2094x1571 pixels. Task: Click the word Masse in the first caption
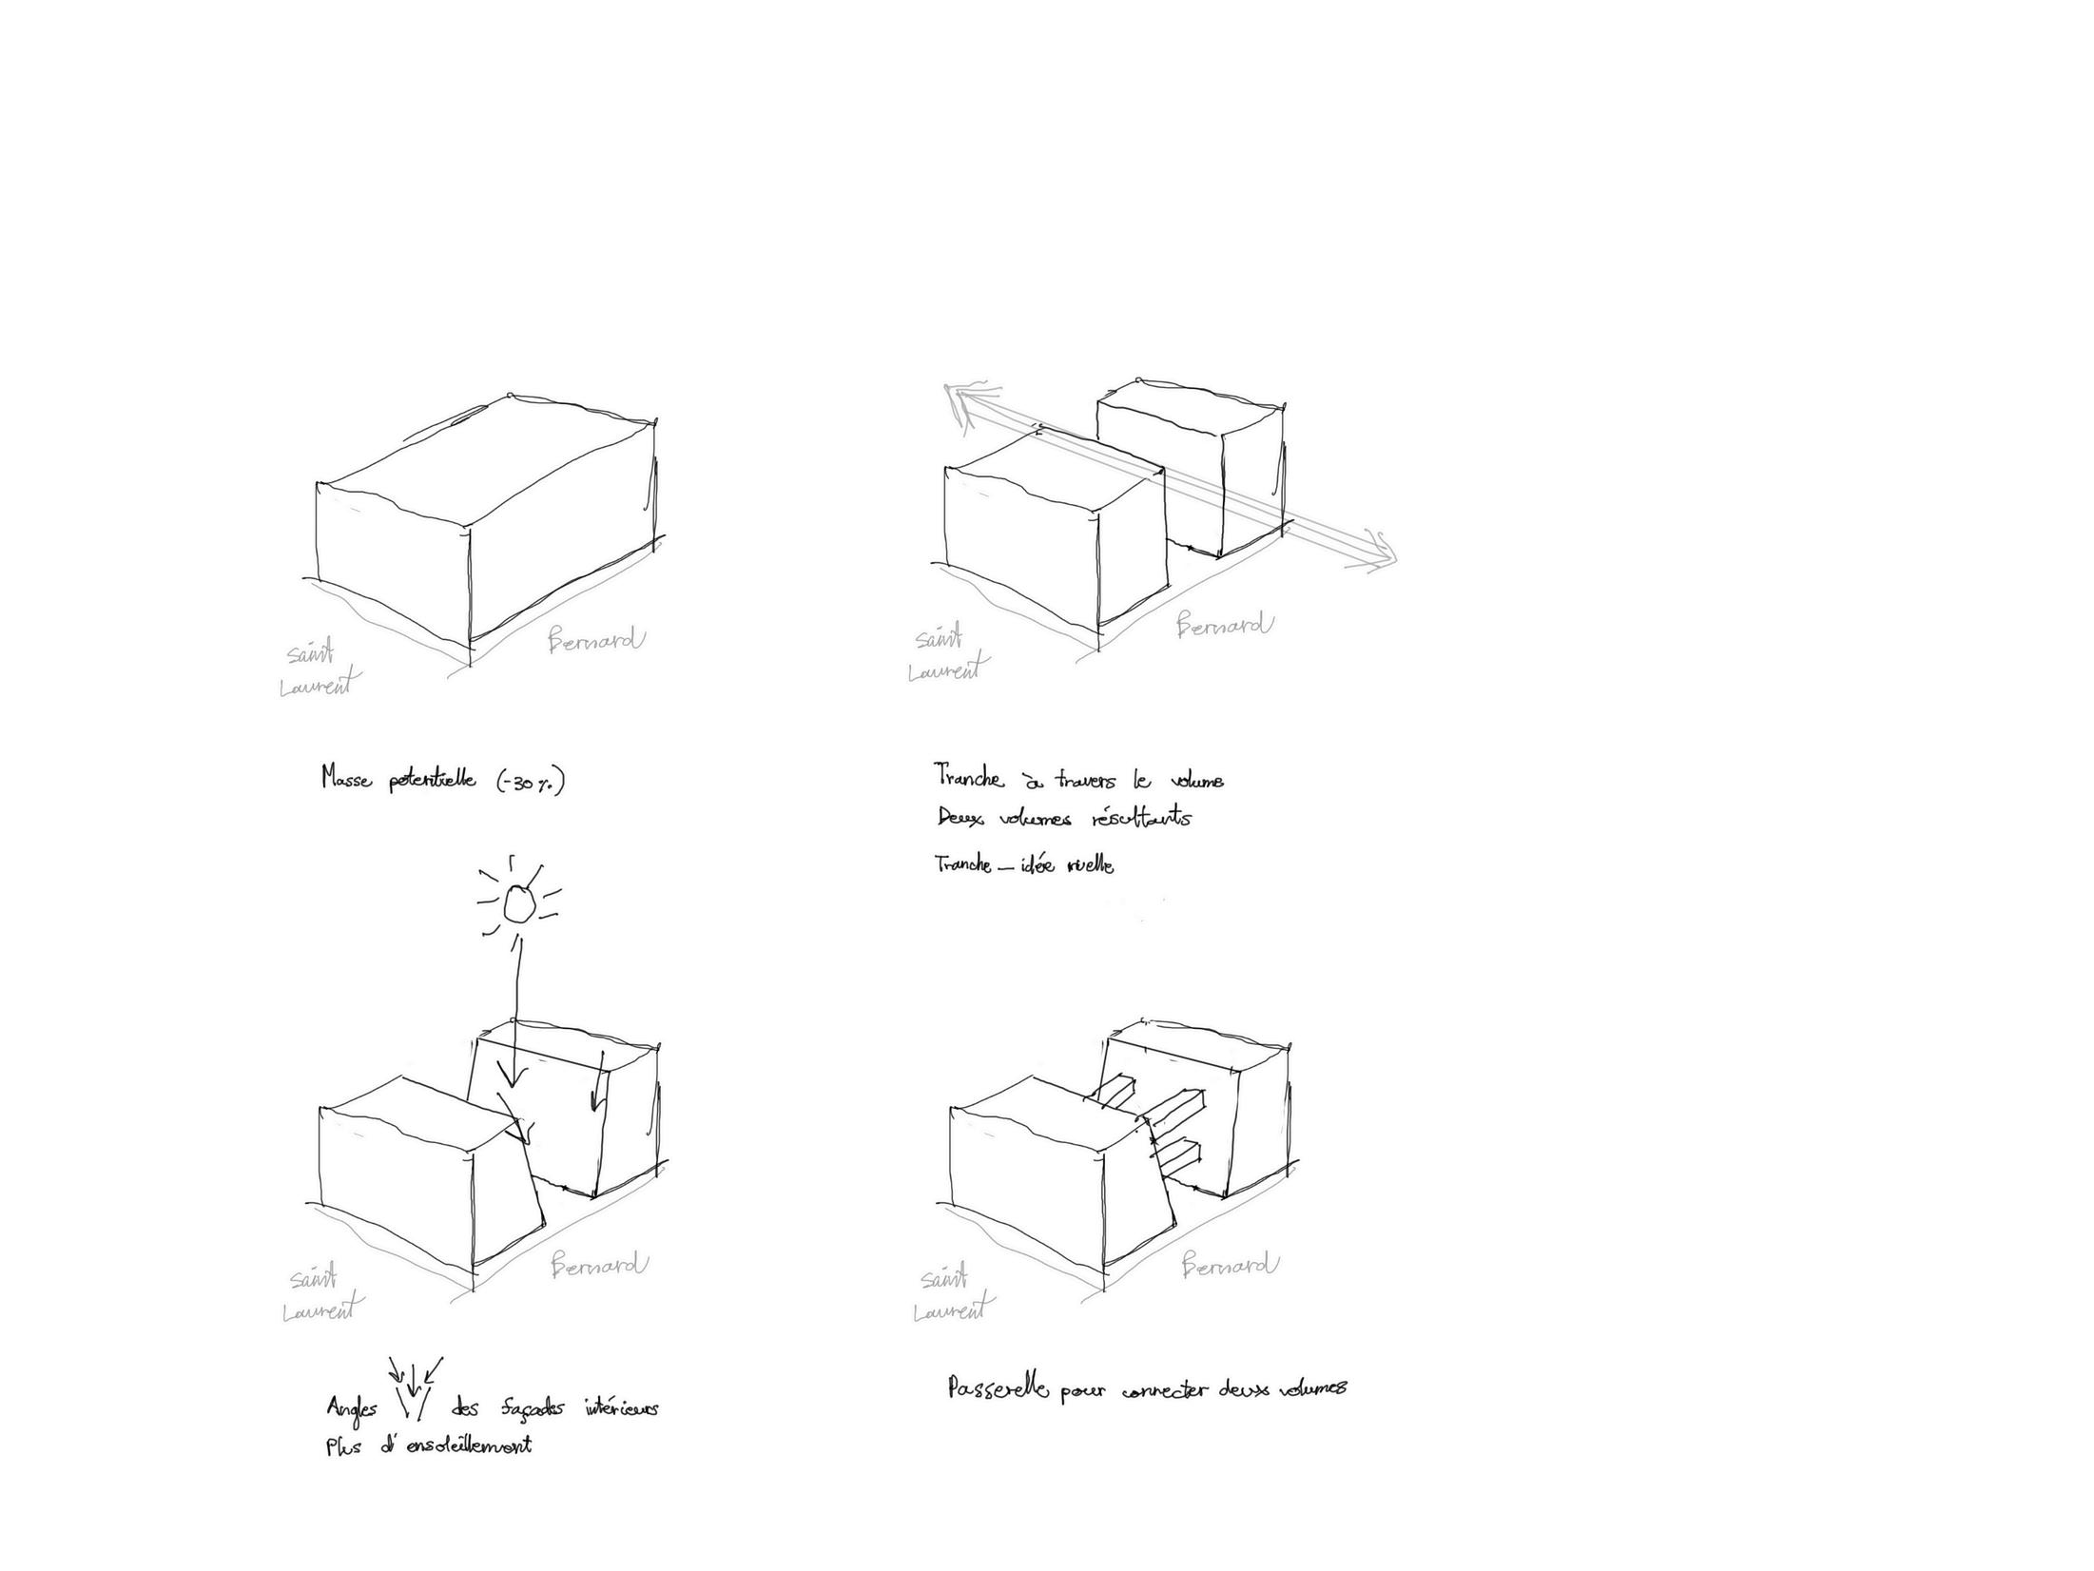tap(346, 779)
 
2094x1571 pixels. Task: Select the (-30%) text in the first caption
tap(532, 783)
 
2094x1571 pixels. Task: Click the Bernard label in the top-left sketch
tap(596, 640)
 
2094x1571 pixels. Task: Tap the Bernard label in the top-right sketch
tap(1225, 626)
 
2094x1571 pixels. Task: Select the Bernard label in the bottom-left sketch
tap(600, 1266)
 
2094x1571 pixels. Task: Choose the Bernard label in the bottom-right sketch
tap(1231, 1266)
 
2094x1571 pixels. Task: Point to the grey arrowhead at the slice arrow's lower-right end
tap(1383, 555)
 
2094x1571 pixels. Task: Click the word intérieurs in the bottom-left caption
tap(621, 1408)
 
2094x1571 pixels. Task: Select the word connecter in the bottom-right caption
tap(1165, 1390)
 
